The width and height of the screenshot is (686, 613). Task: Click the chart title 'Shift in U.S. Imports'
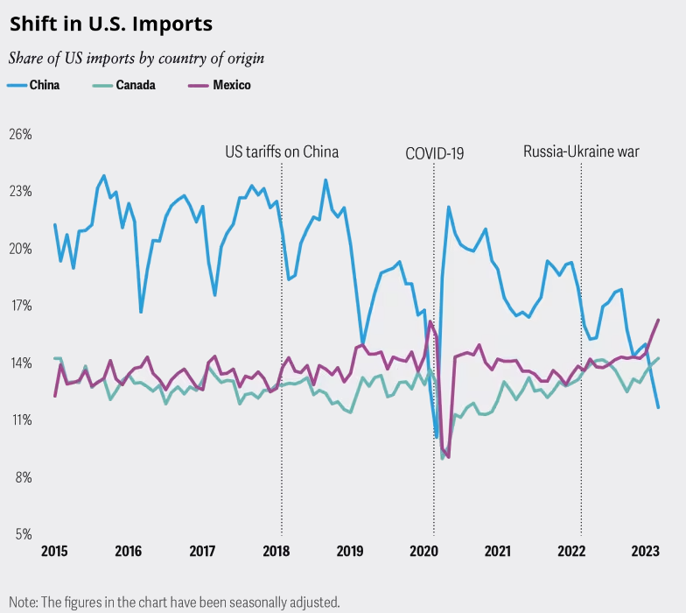pyautogui.click(x=111, y=24)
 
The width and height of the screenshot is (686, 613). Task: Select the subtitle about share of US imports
pyautogui.click(x=136, y=59)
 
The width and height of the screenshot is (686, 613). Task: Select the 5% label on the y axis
pyautogui.click(x=24, y=534)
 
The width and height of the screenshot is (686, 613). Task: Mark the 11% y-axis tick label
pyautogui.click(x=21, y=420)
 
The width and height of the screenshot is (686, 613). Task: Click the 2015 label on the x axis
pyautogui.click(x=54, y=551)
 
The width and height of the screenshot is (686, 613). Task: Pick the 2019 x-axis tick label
pyautogui.click(x=350, y=551)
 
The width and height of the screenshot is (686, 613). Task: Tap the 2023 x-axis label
pyautogui.click(x=646, y=551)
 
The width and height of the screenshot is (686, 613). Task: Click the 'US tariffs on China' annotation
pyautogui.click(x=282, y=151)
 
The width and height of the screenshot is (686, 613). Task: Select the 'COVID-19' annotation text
pyautogui.click(x=434, y=153)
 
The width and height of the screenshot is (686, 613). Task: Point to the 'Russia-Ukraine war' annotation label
pyautogui.click(x=581, y=151)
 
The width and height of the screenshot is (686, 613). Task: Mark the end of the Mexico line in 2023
pyautogui.click(x=658, y=320)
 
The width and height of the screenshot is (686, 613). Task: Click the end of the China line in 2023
pyautogui.click(x=658, y=408)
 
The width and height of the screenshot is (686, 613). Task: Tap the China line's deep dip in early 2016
pyautogui.click(x=141, y=312)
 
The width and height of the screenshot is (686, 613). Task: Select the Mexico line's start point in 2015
pyautogui.click(x=55, y=397)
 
